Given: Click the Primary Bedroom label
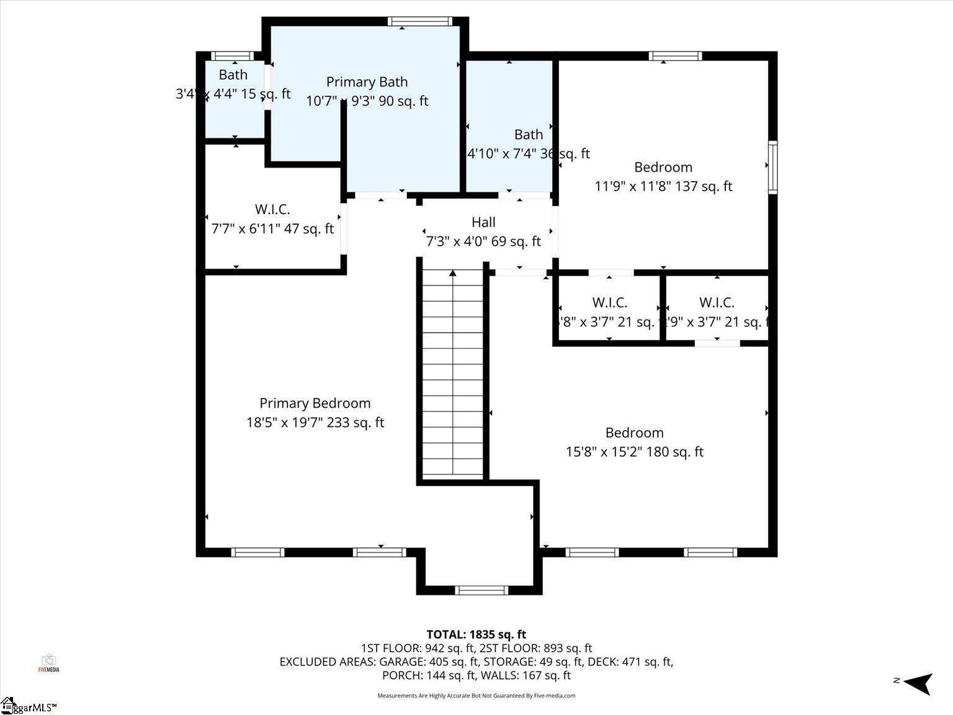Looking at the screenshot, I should [315, 403].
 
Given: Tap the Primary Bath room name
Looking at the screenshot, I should [367, 82].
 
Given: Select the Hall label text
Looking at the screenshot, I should [483, 222].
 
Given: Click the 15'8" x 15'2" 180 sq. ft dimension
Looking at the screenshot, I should [634, 452].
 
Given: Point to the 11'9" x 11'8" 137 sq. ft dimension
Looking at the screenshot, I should [663, 186].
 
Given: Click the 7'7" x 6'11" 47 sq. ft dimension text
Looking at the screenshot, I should [272, 229].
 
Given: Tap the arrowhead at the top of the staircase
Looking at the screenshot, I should [453, 273].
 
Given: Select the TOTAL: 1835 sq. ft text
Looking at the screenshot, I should [476, 634].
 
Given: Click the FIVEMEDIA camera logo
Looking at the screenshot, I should [48, 662].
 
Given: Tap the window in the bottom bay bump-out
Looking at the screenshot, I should [481, 590].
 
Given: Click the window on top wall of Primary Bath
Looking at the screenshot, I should [420, 22].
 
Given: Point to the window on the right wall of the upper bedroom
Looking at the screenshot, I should [772, 167].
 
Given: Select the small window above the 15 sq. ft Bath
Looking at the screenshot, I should [232, 56].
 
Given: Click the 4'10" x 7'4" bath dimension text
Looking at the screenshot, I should [528, 154].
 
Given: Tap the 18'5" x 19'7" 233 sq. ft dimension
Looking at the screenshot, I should [315, 423].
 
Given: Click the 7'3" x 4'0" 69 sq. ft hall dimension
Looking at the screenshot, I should [483, 241].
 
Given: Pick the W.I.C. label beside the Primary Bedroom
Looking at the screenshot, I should [272, 210].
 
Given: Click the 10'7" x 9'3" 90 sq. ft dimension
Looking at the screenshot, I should [367, 101].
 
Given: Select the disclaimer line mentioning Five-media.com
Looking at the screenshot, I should [476, 696].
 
